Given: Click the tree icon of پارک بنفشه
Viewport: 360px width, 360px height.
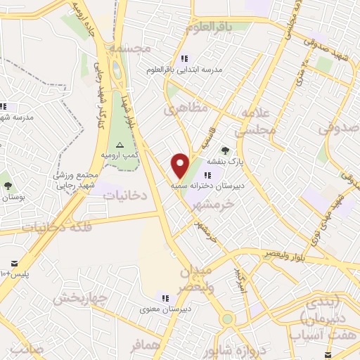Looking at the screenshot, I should (x=225, y=150).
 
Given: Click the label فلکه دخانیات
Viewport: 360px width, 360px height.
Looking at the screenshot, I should (x=53, y=226).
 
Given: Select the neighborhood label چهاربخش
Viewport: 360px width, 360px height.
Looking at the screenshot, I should (x=79, y=298).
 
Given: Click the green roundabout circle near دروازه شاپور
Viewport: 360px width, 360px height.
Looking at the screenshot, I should (x=226, y=319).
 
